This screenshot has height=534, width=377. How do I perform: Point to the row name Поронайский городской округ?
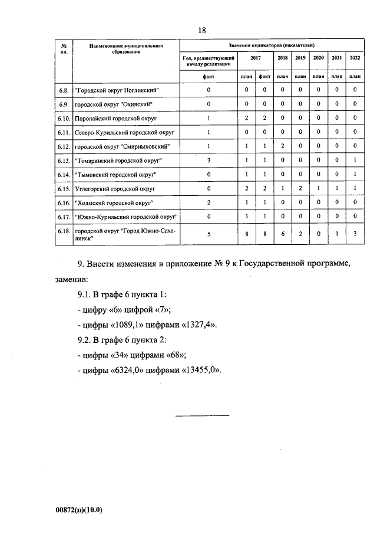tap(114, 118)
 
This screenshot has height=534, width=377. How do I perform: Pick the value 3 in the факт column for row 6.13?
tap(209, 160)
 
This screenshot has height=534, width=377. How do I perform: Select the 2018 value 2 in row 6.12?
tap(282, 146)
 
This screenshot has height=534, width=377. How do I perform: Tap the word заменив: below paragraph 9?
tap(74, 278)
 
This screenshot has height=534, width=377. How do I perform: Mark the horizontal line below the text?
tap(203, 417)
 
